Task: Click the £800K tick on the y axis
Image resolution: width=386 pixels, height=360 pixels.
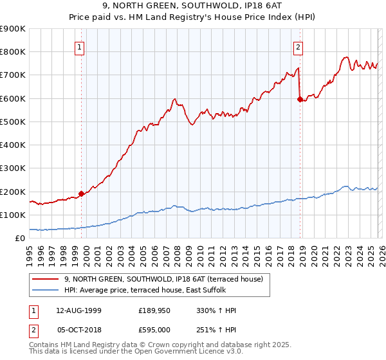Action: point(13,52)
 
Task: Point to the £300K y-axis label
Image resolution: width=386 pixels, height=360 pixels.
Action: point(13,168)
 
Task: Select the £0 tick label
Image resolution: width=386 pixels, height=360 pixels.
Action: point(20,239)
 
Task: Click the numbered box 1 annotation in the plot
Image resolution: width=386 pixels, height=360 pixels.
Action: point(79,46)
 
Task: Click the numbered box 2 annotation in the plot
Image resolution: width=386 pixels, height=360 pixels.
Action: point(299,46)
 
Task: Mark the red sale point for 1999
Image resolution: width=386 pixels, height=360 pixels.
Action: point(82,193)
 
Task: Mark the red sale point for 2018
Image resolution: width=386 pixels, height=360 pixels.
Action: point(300,99)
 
